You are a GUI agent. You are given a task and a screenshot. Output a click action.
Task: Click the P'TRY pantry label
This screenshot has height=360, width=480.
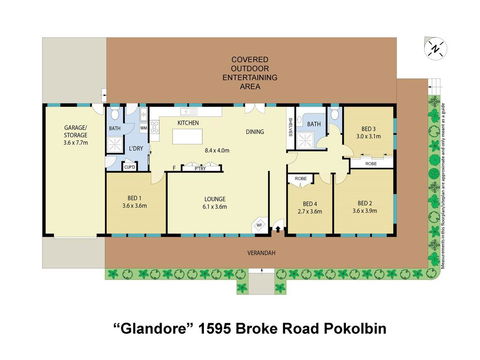200,167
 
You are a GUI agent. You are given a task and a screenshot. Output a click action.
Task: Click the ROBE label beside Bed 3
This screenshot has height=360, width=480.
370,161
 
